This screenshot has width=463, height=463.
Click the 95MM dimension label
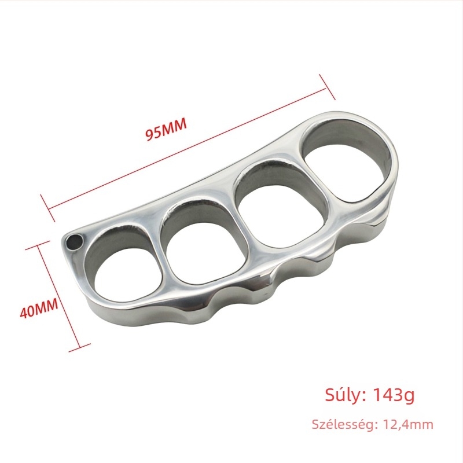point(167,129)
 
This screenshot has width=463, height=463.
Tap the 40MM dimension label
point(39,308)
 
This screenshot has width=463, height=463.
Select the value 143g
point(394,395)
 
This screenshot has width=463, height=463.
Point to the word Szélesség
point(344,425)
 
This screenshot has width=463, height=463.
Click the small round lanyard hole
point(74,242)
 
